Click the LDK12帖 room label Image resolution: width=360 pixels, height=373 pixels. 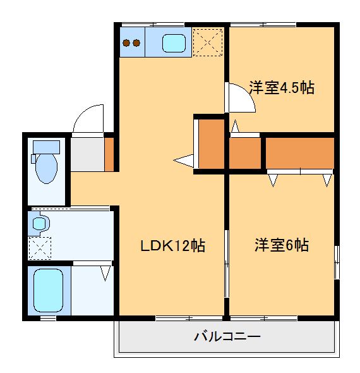click(x=172, y=246)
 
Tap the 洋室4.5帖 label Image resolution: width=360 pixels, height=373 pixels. click(x=281, y=88)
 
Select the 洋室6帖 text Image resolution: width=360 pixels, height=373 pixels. click(x=282, y=245)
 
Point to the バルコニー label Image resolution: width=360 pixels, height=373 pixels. click(x=227, y=336)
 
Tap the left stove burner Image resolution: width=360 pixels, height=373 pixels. click(x=126, y=43)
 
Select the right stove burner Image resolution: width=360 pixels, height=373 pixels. click(x=136, y=43)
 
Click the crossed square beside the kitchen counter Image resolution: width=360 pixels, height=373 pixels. click(x=208, y=42)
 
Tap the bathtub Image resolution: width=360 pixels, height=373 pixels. click(x=48, y=290)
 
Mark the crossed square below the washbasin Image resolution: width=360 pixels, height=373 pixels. click(x=39, y=248)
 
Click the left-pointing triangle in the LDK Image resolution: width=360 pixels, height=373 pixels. click(x=184, y=162)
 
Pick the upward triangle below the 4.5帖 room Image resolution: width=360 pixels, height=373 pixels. click(x=235, y=128)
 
